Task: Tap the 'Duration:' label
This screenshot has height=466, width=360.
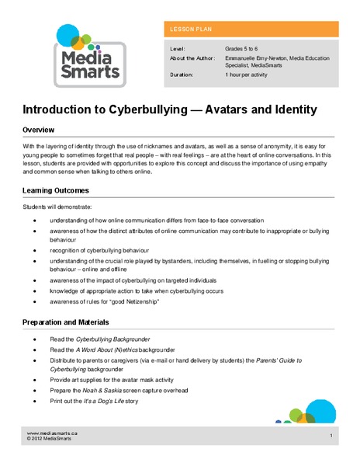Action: pyautogui.click(x=184, y=75)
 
